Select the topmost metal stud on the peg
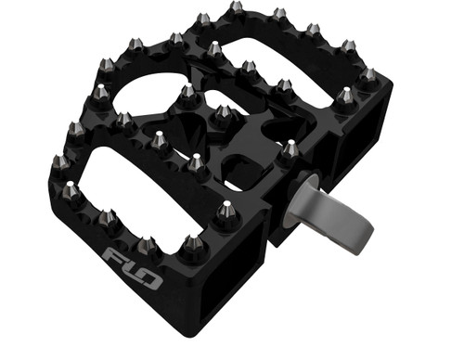236,9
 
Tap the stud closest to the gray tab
290,148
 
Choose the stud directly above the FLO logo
145,246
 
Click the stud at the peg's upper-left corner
105,65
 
